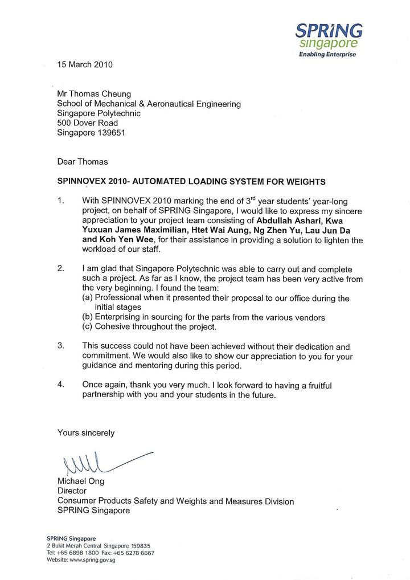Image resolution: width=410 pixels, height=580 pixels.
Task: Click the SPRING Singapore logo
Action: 329,37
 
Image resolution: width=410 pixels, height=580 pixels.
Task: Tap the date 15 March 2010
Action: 85,64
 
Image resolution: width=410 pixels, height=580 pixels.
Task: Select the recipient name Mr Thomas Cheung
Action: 94,94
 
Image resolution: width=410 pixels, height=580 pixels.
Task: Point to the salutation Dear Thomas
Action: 83,162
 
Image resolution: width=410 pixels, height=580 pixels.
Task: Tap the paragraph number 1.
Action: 61,201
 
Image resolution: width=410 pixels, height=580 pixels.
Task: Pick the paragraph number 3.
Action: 61,346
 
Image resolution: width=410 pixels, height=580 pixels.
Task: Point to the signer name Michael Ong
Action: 81,481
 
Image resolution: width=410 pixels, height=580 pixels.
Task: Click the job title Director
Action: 72,491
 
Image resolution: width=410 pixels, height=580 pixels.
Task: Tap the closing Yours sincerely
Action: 86,433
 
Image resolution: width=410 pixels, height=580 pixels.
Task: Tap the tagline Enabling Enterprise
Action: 327,55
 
